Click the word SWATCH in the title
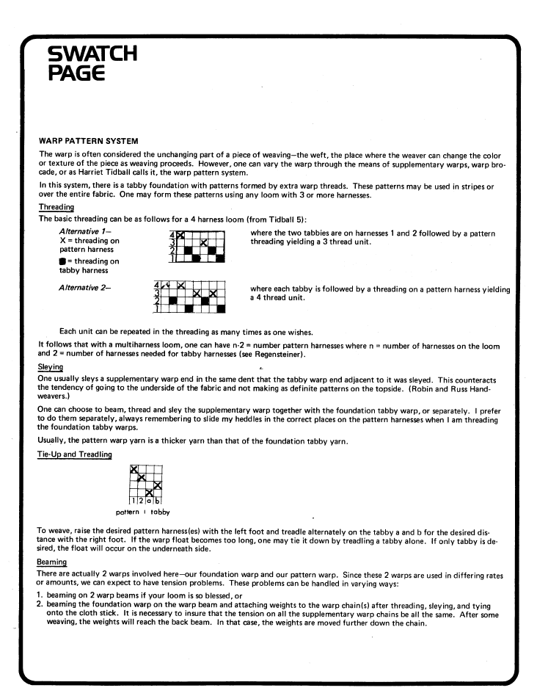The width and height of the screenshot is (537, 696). [x=91, y=54]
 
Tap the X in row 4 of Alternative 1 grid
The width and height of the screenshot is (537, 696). [x=180, y=236]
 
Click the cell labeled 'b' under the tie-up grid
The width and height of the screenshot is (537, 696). [x=158, y=501]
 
